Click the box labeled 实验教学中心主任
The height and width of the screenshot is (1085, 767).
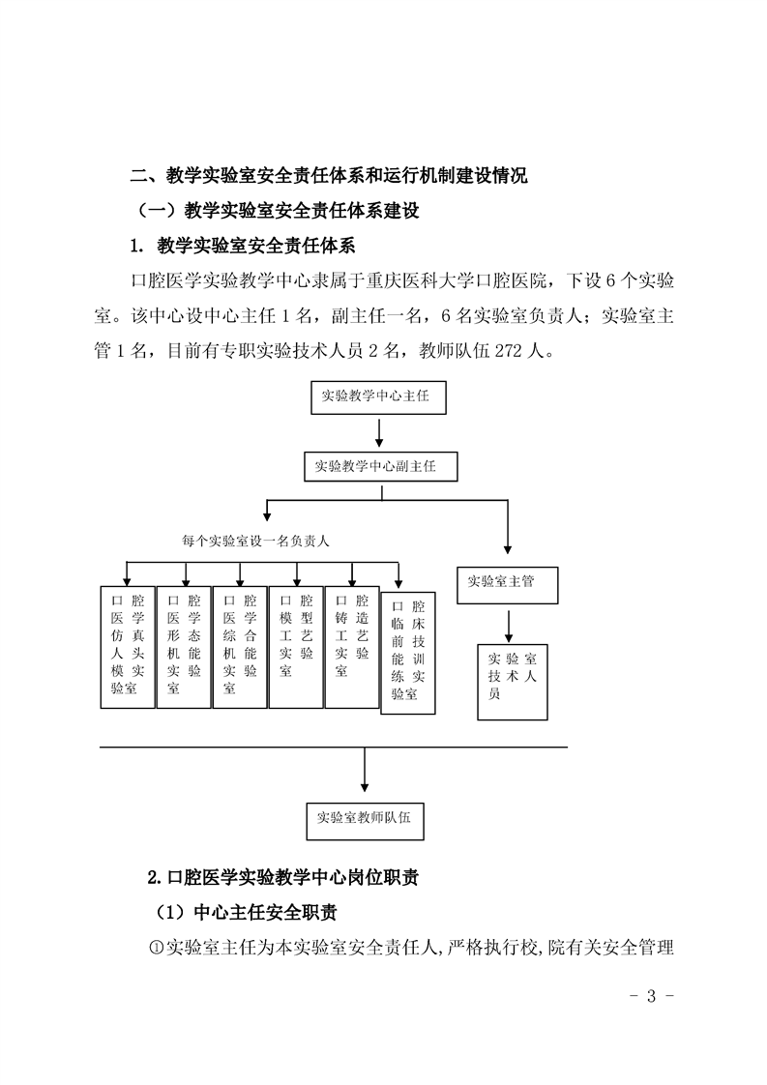tap(378, 397)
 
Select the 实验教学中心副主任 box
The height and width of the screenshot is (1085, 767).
tap(381, 466)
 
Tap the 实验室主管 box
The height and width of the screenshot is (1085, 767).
tap(508, 585)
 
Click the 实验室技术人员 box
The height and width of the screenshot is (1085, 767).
tap(513, 682)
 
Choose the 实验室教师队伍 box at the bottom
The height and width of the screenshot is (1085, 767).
tap(365, 821)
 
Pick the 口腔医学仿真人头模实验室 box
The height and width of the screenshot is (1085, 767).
tap(128, 647)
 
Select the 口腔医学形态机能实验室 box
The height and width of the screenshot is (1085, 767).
tap(184, 647)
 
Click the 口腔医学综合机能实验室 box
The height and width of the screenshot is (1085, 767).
tap(240, 647)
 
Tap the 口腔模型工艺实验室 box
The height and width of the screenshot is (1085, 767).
tap(296, 647)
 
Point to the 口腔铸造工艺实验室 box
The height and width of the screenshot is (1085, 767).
tap(352, 647)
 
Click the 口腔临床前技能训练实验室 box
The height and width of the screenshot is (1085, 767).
tap(408, 653)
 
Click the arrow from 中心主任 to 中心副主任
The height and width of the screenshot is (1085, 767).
tap(378, 431)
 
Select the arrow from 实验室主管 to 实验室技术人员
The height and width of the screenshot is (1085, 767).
tap(509, 626)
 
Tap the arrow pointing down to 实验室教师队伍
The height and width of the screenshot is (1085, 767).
tap(365, 770)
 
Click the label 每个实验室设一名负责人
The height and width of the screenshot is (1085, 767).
tap(255, 542)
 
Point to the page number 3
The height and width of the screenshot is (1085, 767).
tap(651, 996)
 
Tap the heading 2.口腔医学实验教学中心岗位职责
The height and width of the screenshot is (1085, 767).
tap(283, 877)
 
